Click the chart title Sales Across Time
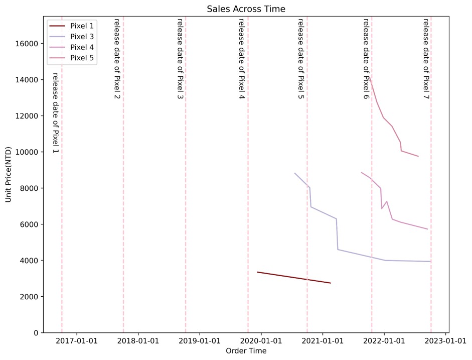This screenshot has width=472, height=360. (246, 9)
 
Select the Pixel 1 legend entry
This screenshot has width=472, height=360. (82, 26)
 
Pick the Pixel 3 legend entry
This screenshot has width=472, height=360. (82, 37)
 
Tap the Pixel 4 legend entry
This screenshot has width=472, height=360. (82, 47)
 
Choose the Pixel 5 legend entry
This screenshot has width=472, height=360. (82, 58)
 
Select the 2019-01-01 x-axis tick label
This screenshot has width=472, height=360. (200, 341)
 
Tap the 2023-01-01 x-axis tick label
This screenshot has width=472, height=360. (446, 341)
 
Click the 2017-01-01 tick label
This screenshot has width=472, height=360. (77, 341)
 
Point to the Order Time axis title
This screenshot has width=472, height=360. (246, 351)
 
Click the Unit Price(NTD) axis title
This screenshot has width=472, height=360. (9, 175)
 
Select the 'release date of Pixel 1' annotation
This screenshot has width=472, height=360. (55, 113)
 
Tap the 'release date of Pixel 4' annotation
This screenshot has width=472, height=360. (241, 59)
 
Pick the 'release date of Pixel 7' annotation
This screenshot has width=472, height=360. (425, 59)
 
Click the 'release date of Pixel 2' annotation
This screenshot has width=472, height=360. (117, 59)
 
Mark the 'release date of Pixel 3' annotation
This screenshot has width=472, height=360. (180, 59)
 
